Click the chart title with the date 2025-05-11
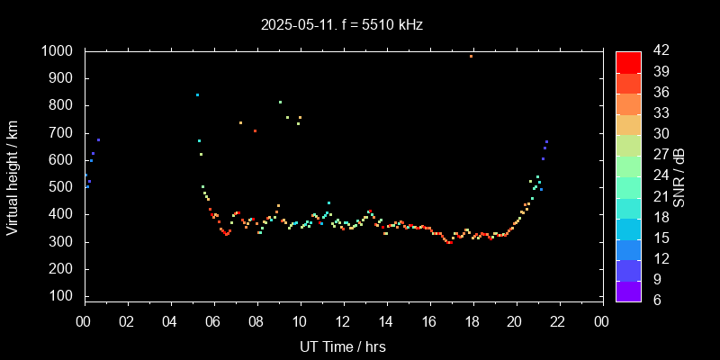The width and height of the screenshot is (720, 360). (340, 24)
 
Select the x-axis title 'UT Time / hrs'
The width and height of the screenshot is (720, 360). (343, 346)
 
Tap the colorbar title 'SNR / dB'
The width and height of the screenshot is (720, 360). (679, 176)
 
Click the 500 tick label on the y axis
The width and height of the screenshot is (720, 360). (61, 187)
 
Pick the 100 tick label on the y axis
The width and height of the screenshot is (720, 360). (61, 296)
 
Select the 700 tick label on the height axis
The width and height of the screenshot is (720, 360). (61, 133)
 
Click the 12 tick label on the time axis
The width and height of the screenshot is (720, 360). (343, 321)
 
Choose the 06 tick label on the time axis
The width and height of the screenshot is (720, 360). (213, 321)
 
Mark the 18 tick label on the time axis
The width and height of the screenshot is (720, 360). (472, 321)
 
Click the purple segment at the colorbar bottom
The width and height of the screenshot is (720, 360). (628, 290)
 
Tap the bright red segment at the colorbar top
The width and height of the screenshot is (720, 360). (628, 61)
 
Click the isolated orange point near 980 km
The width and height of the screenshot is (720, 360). (471, 56)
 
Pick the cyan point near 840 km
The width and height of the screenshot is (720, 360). (197, 94)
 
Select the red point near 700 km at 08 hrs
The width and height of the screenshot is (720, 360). (255, 130)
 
